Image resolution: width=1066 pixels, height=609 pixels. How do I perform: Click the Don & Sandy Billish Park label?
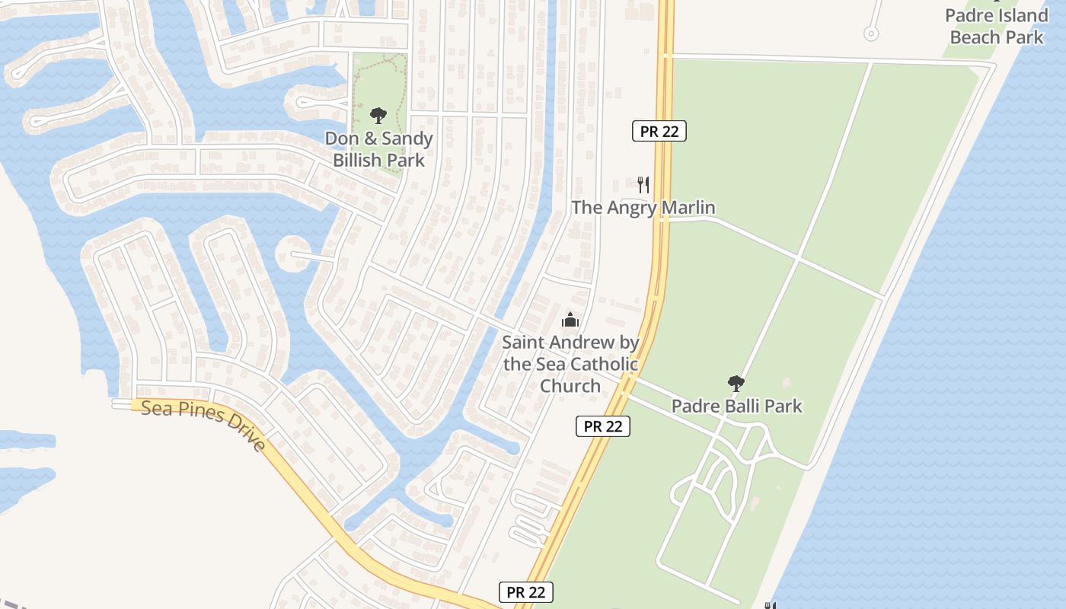[378, 149]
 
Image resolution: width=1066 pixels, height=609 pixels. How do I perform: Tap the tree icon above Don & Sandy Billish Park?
[378, 116]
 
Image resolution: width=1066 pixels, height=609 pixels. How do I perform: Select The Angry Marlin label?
[643, 207]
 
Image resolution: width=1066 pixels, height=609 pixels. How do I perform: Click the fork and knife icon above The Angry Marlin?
[643, 184]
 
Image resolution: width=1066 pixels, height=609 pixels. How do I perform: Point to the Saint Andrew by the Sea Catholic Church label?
[570, 364]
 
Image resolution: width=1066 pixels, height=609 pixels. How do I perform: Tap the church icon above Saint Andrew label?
[570, 320]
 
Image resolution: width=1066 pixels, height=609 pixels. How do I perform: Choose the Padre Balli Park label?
[736, 406]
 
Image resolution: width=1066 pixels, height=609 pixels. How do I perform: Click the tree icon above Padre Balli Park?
[736, 383]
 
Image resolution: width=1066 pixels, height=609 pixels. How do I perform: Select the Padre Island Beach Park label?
[997, 26]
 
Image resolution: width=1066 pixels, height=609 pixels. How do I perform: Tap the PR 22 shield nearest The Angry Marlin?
[659, 131]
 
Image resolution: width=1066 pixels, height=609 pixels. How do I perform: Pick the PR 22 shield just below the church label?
[603, 426]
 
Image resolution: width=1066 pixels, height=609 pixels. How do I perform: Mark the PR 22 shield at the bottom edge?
[526, 592]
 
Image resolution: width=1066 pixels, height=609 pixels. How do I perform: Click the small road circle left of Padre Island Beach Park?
[871, 33]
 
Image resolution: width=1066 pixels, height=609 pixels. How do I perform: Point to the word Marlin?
[687, 207]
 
